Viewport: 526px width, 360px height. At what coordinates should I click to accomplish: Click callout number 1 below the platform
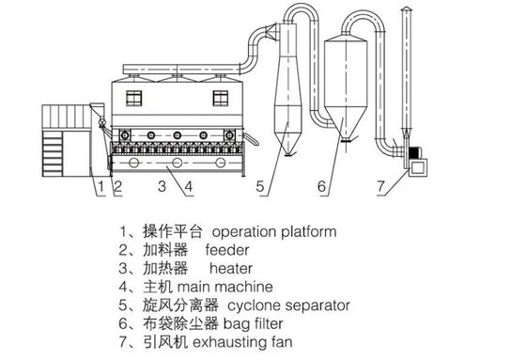point(101,186)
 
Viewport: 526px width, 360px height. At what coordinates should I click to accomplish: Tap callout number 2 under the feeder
point(117,186)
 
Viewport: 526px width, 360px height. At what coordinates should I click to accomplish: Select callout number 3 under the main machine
point(162,186)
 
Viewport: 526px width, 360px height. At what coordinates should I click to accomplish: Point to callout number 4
point(189,186)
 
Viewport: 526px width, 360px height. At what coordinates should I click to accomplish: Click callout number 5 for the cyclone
point(260,186)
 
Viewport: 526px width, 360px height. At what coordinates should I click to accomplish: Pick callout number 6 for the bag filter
point(321,186)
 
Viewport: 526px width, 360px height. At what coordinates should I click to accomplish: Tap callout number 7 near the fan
point(380,186)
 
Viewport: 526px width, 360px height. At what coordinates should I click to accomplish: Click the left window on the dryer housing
point(133,98)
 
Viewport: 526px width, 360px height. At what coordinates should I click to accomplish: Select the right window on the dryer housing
point(221,98)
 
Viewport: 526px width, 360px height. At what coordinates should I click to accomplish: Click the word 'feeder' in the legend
point(227,250)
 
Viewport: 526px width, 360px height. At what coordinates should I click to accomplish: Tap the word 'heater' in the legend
point(231,268)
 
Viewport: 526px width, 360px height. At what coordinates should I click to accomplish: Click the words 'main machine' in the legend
point(224,287)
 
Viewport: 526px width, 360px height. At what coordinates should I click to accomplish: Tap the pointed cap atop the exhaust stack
point(406,8)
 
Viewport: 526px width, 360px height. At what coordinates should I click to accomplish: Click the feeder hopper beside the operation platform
point(98,109)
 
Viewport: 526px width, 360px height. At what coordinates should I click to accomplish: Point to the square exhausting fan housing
point(418,167)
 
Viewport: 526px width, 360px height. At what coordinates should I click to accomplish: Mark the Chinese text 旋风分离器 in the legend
point(180,305)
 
